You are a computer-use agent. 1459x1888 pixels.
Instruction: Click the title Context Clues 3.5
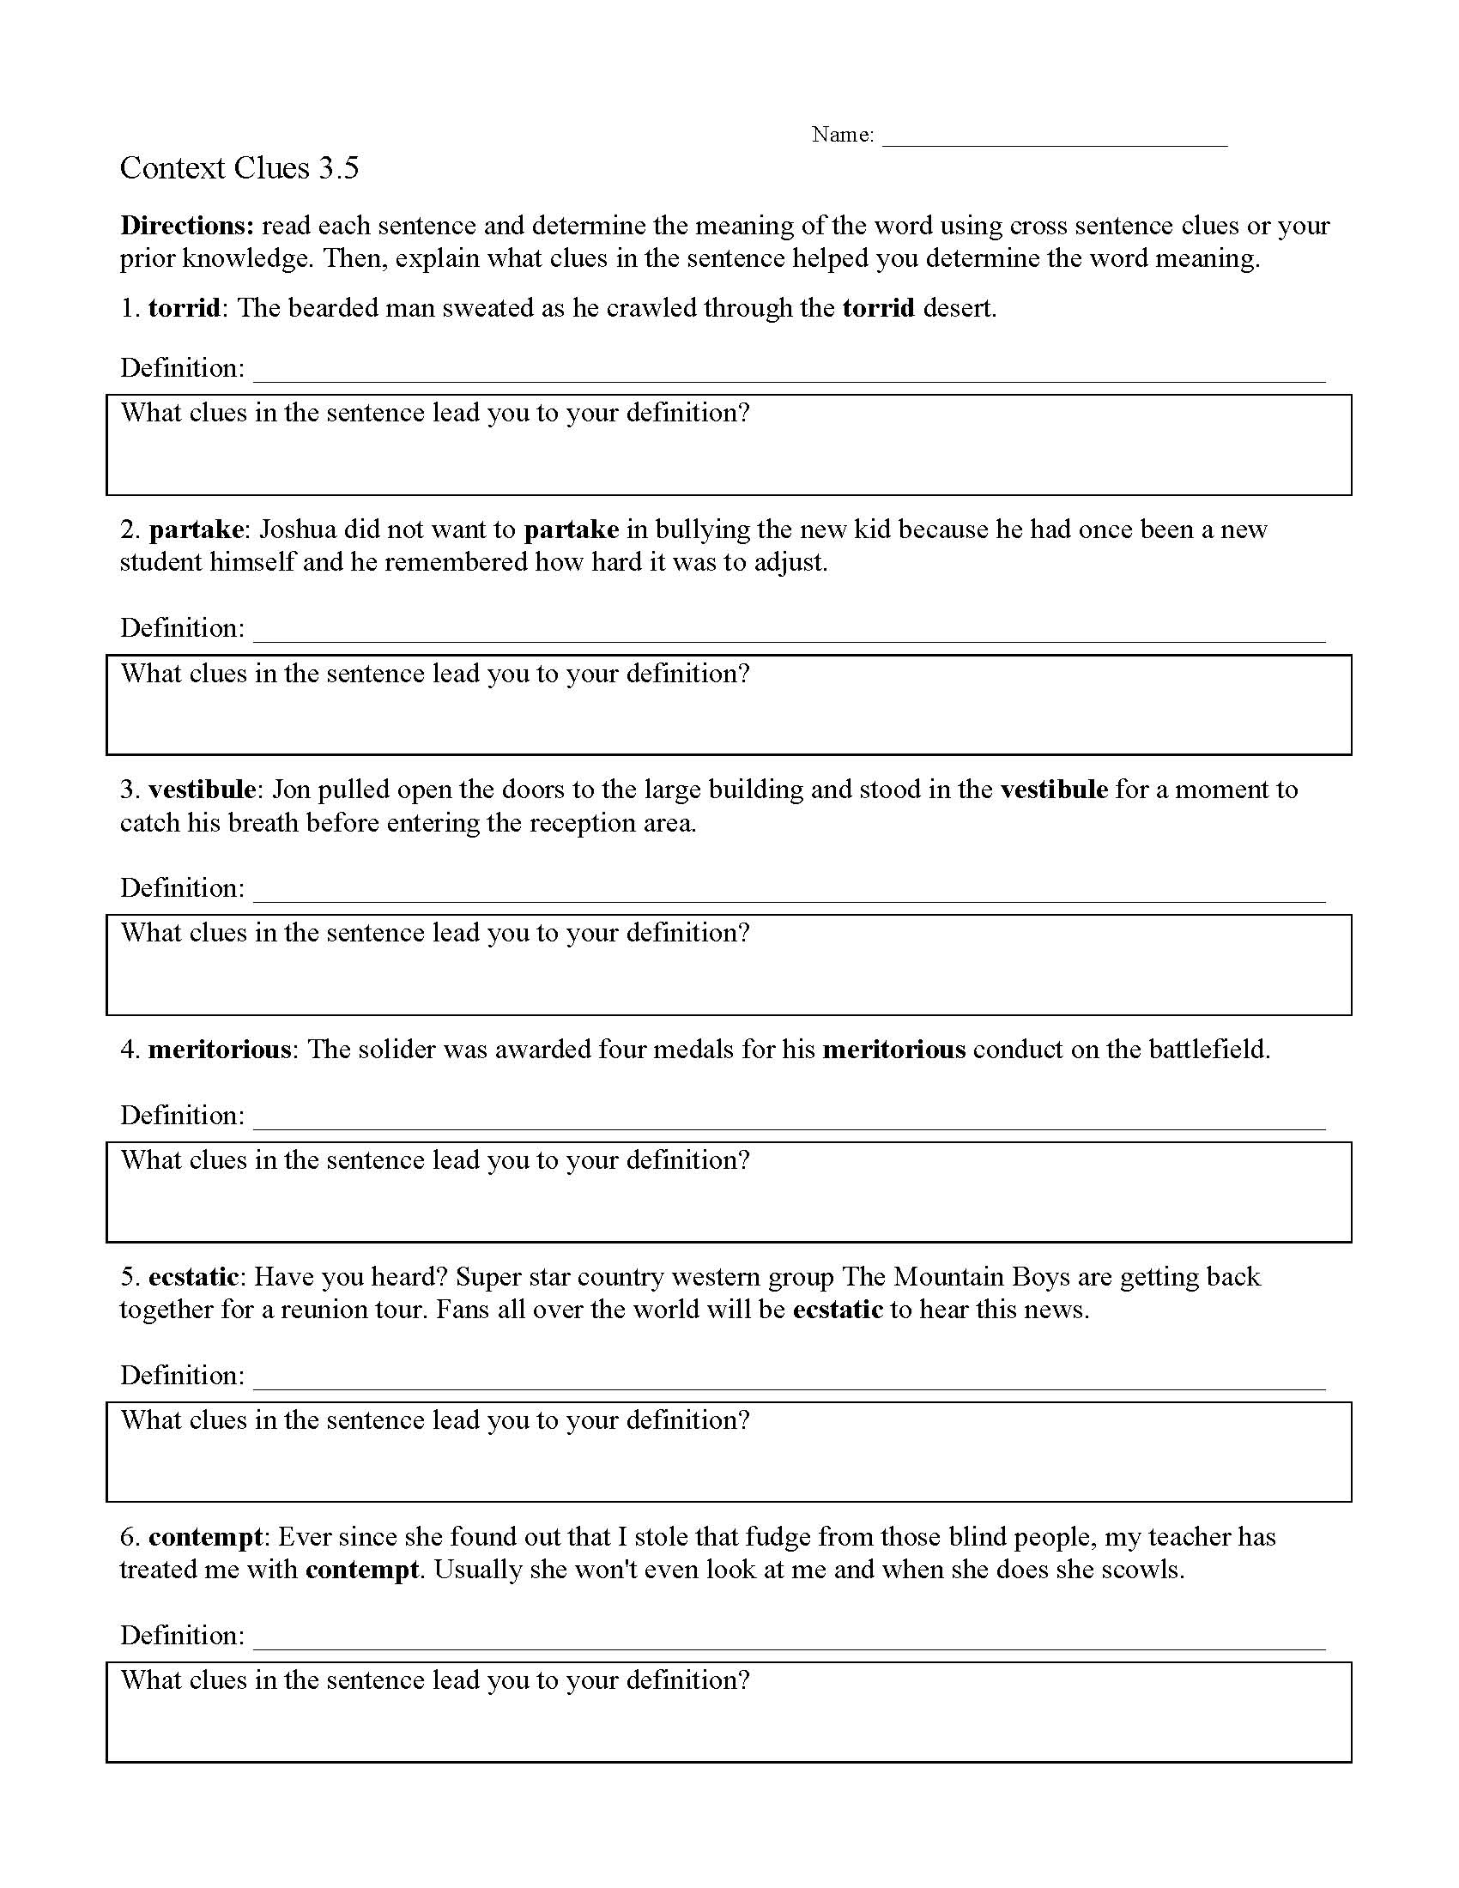click(239, 167)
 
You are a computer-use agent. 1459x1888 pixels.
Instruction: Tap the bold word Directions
click(187, 226)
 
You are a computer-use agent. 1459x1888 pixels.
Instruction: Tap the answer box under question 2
click(729, 717)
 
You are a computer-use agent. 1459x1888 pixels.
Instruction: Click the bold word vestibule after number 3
click(202, 790)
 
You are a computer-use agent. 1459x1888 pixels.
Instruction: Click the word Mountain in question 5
click(948, 1277)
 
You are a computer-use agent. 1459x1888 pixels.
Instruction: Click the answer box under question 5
click(729, 1464)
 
